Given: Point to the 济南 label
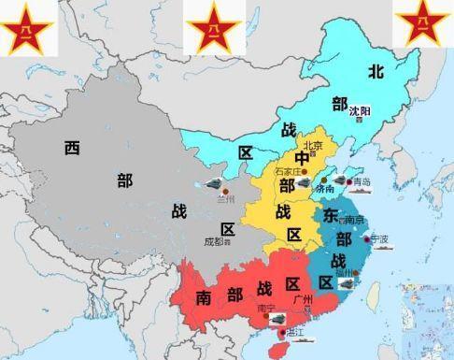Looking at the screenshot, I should point(325,188).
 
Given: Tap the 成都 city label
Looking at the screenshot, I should point(214,241).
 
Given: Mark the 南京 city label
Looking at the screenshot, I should point(353,220).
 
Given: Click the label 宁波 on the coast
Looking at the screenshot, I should point(380,238).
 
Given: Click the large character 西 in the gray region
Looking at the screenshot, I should point(72,147).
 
